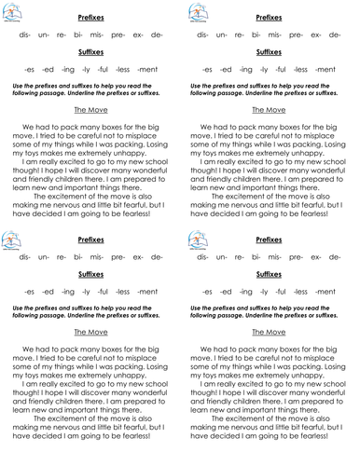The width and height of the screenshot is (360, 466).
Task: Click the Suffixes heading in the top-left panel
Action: pos(90,52)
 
